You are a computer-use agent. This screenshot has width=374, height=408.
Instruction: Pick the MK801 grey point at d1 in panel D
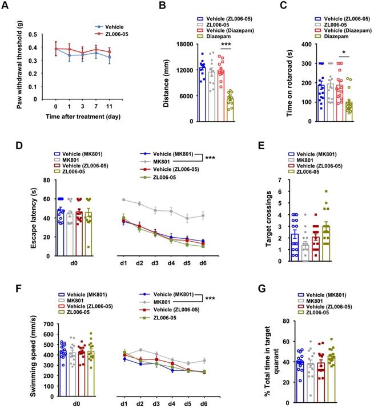pyautogui.click(x=124, y=199)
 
